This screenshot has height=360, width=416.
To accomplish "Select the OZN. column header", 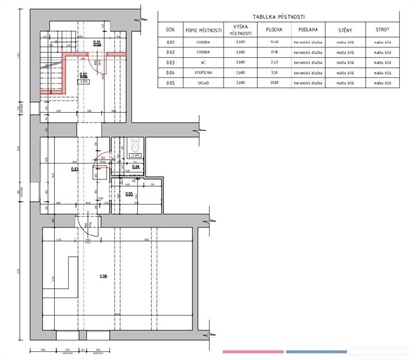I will pyautogui.click(x=171, y=30).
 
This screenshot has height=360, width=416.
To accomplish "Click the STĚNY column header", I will pyautogui.click(x=345, y=30).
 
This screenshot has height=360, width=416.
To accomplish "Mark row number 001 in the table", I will pyautogui.click(x=171, y=43).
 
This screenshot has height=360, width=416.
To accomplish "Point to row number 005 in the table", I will pyautogui.click(x=171, y=85).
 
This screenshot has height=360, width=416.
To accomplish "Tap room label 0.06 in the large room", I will pyautogui.click(x=101, y=276).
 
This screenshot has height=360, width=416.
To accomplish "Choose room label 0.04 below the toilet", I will pyautogui.click(x=137, y=167).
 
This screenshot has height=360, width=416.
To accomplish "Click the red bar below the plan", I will pyautogui.click(x=251, y=352).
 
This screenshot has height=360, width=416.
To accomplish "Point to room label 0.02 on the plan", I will pyautogui.click(x=84, y=75).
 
